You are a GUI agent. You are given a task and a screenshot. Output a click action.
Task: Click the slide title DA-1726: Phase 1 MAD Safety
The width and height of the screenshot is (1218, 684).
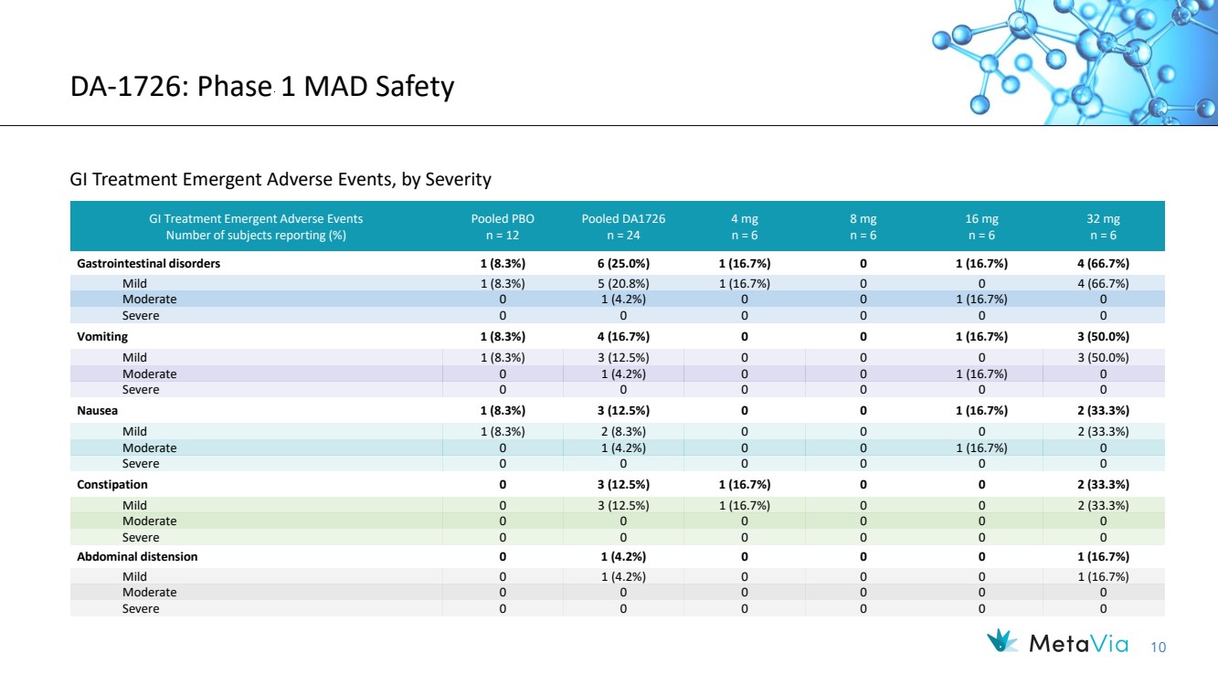[x=262, y=88]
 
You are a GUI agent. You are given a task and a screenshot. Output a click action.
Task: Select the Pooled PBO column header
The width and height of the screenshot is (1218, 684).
[x=503, y=226]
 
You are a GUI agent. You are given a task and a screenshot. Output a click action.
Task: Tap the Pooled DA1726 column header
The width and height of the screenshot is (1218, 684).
[x=623, y=226]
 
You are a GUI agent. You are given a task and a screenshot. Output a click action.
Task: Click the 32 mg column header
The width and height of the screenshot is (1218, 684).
[x=1103, y=226]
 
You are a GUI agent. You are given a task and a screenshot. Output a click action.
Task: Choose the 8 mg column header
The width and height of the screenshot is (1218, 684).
[x=863, y=226]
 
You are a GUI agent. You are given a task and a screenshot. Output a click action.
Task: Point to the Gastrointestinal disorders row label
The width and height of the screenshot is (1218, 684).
[x=148, y=264]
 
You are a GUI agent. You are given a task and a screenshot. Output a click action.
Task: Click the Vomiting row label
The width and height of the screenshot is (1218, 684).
[x=102, y=337]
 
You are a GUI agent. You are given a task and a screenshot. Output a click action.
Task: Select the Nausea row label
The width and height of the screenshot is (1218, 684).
[x=98, y=411]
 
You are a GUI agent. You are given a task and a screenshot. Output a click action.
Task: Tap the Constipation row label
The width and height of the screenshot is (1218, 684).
[x=112, y=485]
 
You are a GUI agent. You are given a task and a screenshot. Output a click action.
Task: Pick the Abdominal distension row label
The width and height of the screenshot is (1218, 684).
[x=137, y=556]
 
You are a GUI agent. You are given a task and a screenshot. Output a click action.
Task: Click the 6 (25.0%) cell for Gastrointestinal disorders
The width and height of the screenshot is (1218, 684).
[x=623, y=264]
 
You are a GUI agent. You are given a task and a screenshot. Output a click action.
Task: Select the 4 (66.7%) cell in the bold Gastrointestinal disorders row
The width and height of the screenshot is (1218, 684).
[x=1103, y=264]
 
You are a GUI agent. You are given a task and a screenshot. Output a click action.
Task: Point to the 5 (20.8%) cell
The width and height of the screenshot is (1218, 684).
[x=623, y=283]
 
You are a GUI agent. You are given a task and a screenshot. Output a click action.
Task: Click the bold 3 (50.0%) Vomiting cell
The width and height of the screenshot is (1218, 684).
[x=1103, y=337]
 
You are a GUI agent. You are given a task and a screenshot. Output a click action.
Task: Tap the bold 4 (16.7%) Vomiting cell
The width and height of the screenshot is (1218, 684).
[x=623, y=337]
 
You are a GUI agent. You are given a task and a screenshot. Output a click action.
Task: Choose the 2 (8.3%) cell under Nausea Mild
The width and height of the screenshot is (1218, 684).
[x=623, y=431]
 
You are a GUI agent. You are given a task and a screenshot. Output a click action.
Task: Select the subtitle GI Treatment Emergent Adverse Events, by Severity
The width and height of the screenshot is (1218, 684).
[x=281, y=180]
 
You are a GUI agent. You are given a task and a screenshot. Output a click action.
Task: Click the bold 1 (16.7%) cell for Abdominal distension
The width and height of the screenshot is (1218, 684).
[x=1103, y=556]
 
